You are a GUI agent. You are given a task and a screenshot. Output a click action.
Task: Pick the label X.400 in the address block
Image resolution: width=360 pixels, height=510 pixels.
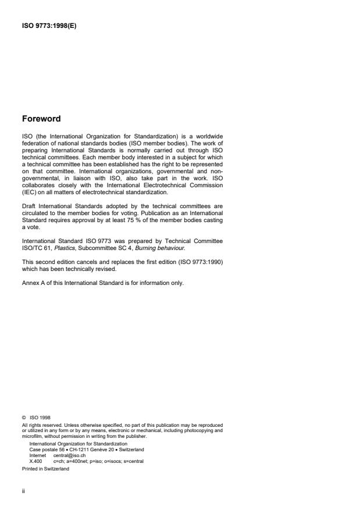[x=36, y=461]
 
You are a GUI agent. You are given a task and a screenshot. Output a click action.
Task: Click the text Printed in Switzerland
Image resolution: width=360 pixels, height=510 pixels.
[x=45, y=468]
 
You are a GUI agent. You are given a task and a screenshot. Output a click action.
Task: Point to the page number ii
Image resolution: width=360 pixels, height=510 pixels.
[x=23, y=491]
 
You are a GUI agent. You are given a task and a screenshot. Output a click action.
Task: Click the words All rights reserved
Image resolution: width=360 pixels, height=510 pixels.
[x=40, y=425]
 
